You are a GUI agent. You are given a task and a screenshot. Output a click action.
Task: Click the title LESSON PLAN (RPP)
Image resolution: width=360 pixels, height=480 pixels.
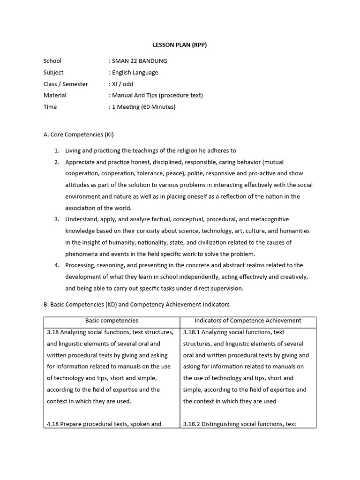(x=180, y=45)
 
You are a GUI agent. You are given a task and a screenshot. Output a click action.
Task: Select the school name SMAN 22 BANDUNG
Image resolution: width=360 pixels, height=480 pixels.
(x=139, y=61)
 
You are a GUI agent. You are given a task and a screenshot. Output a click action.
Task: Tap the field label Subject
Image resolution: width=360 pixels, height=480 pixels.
(x=53, y=73)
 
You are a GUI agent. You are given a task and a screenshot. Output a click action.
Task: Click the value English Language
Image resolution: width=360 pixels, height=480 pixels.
(x=135, y=73)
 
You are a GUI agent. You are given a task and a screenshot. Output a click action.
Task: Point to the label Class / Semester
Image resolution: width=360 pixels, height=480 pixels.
(x=66, y=84)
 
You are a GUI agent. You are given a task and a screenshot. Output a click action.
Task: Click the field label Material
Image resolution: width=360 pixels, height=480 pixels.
(x=55, y=95)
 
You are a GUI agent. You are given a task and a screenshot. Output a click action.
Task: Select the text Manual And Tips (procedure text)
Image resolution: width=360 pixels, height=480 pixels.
(x=157, y=95)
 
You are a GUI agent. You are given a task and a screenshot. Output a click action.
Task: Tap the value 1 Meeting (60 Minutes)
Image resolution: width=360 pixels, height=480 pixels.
(x=143, y=107)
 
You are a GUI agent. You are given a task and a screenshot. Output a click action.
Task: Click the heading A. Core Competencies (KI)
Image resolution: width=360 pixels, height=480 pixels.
(x=78, y=135)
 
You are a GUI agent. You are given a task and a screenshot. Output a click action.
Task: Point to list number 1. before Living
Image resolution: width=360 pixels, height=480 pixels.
(x=56, y=150)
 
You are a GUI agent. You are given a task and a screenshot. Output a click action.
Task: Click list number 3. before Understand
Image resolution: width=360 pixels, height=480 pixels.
(x=56, y=219)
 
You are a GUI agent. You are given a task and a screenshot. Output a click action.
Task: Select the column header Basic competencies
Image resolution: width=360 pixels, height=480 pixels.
(x=112, y=321)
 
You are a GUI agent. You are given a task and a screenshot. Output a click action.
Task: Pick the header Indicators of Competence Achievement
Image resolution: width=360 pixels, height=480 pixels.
(x=248, y=321)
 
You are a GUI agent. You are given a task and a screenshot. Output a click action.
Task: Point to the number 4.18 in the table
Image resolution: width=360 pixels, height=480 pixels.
(x=53, y=424)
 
